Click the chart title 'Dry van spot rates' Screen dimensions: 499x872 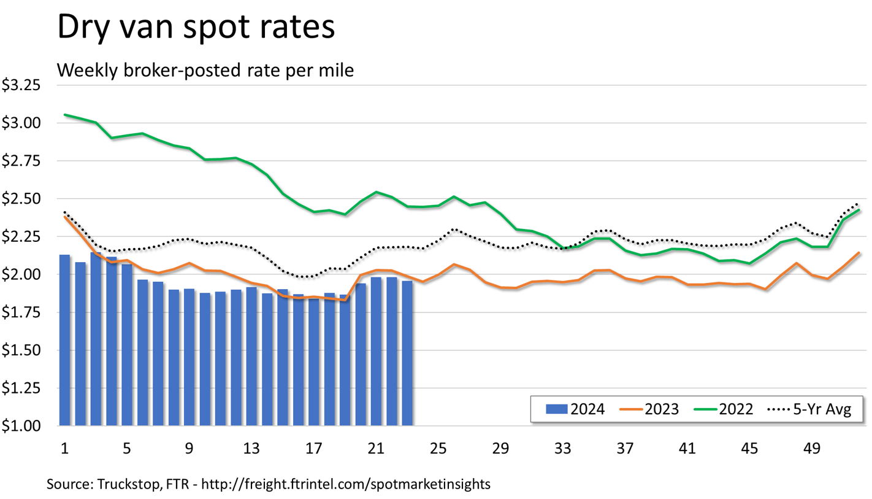coord(196,29)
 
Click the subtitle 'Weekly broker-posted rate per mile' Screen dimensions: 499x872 coord(205,71)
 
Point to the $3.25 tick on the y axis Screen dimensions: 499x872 coord(21,85)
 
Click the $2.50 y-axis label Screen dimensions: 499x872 coord(21,199)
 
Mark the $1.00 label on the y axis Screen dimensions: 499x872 coord(21,426)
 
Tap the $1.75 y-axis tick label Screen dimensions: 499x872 coord(21,312)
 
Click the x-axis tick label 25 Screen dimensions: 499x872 coord(438,449)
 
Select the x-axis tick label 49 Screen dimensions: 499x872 coord(813,449)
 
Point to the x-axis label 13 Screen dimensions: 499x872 coord(251,449)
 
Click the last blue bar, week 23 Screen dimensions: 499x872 coord(407,353)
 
